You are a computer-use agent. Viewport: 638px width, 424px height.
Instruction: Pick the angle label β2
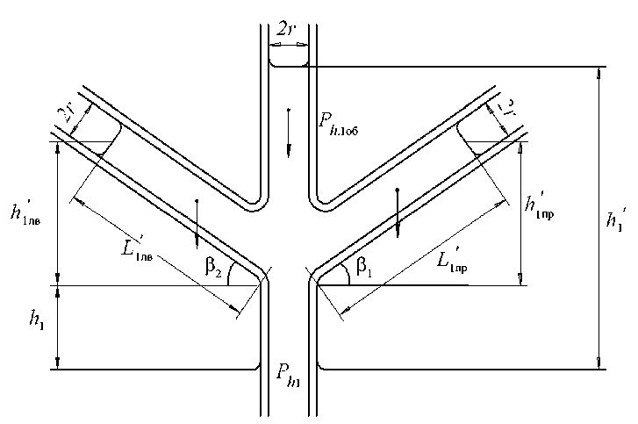pos(210,268)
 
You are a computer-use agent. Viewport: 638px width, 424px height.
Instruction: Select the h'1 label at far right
pos(618,218)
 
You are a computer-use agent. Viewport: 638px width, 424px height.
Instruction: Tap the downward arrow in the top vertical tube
pos(288,132)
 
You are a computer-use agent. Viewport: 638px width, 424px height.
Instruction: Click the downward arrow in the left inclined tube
pos(197,224)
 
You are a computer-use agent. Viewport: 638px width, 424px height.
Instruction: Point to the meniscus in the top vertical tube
pos(288,64)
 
